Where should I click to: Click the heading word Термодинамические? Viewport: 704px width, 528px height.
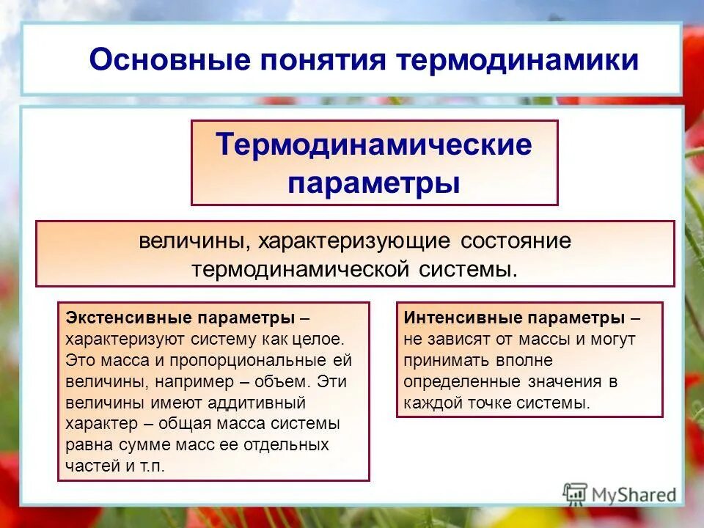[x=374, y=144]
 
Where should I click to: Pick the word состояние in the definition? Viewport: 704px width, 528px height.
[x=516, y=241]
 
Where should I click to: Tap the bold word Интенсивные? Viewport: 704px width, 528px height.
[x=455, y=319]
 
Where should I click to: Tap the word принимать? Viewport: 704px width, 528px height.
[x=438, y=361]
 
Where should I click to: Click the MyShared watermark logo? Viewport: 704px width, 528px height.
[x=620, y=494]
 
